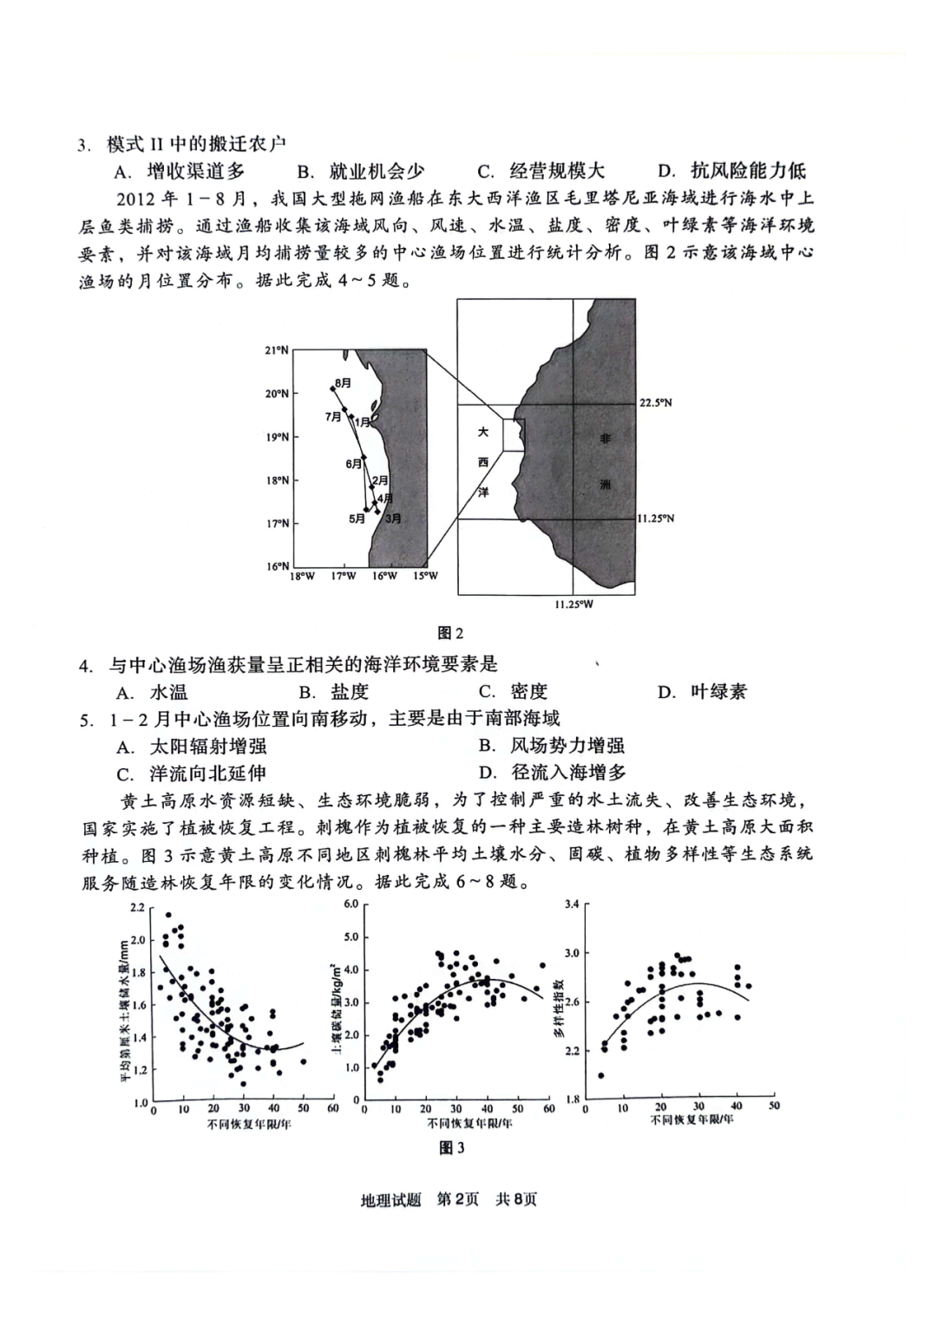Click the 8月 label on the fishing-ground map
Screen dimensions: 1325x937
(344, 382)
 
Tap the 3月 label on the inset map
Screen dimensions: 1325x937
(393, 519)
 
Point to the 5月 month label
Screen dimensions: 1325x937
(357, 519)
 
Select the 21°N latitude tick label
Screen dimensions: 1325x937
(276, 350)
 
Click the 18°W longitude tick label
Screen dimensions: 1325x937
(302, 577)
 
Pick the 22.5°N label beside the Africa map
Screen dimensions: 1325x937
(655, 403)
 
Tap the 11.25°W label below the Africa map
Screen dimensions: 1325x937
(573, 604)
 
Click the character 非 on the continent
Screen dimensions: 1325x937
(605, 439)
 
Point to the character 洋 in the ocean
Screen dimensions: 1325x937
(483, 492)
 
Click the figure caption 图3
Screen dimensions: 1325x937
(452, 1148)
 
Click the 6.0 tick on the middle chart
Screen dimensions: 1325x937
(351, 904)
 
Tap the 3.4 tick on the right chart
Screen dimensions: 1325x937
(572, 904)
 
